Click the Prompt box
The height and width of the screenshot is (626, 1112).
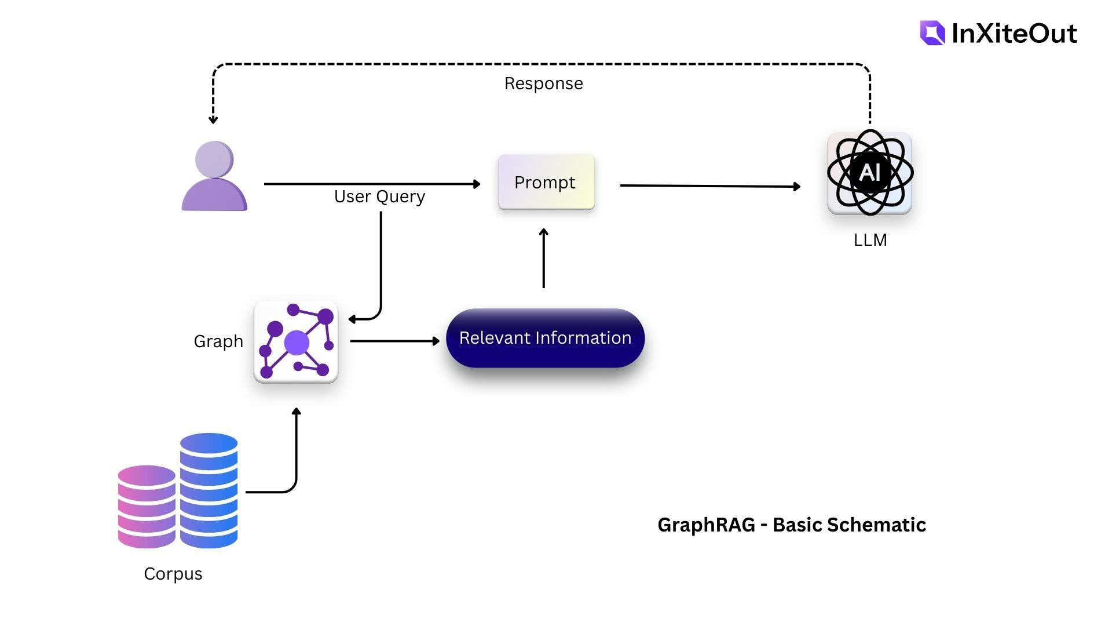pyautogui.click(x=546, y=182)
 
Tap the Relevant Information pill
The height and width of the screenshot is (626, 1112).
pyautogui.click(x=545, y=338)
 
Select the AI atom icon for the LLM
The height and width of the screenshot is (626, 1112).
pyautogui.click(x=869, y=173)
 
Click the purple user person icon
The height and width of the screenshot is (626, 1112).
pyautogui.click(x=214, y=176)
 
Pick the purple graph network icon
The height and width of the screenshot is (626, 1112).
pyautogui.click(x=296, y=342)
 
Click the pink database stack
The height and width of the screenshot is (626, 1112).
pyautogui.click(x=147, y=507)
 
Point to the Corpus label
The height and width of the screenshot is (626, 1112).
pyautogui.click(x=173, y=574)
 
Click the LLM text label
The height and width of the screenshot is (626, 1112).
pyautogui.click(x=870, y=240)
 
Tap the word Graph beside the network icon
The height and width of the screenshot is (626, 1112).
pyautogui.click(x=218, y=341)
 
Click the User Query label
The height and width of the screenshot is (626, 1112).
pyautogui.click(x=379, y=197)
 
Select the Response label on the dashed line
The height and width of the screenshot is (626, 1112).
pyautogui.click(x=543, y=83)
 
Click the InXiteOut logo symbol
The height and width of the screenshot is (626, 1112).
pyautogui.click(x=932, y=33)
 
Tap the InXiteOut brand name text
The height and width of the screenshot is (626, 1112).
pyautogui.click(x=1014, y=34)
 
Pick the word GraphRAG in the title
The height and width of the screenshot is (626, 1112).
pyautogui.click(x=706, y=525)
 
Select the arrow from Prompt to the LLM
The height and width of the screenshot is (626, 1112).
pyautogui.click(x=710, y=186)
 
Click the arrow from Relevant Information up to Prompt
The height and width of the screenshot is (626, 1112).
pyautogui.click(x=543, y=258)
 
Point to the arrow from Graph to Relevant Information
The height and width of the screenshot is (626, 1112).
pyautogui.click(x=394, y=341)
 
